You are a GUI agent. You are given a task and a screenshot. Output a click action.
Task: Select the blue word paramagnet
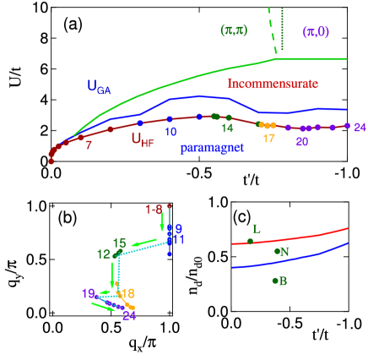coord(212,147)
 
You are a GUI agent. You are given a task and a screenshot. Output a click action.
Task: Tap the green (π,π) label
coord(234,30)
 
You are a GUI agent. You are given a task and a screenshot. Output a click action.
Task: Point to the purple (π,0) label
coord(316,31)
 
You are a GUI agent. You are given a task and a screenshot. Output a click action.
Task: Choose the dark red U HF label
coord(142,139)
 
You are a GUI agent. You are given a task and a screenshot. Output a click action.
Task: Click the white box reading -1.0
coord(349,324)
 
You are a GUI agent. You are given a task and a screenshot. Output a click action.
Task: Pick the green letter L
coord(257,229)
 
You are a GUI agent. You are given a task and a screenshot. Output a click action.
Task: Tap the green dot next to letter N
coord(276,251)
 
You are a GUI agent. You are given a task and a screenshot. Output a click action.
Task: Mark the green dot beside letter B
coord(274,280)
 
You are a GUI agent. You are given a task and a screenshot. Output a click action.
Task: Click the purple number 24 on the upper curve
coord(360,127)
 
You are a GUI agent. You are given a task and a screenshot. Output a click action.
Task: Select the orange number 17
coord(268,138)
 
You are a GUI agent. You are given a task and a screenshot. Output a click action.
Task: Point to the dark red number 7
coord(89,145)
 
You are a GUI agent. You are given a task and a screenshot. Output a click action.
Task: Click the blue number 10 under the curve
coord(170,132)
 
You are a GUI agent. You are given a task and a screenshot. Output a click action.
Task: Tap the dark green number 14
coord(227,128)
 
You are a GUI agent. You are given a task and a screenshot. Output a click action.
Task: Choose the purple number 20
coord(301,141)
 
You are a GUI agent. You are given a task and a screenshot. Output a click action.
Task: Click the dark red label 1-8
coord(154,208)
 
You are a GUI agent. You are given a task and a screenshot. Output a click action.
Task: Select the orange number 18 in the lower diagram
coord(128,292)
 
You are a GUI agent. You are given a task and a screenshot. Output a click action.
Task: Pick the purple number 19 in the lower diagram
coord(89,292)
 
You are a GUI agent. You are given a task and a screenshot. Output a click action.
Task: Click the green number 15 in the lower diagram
coord(120,243)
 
